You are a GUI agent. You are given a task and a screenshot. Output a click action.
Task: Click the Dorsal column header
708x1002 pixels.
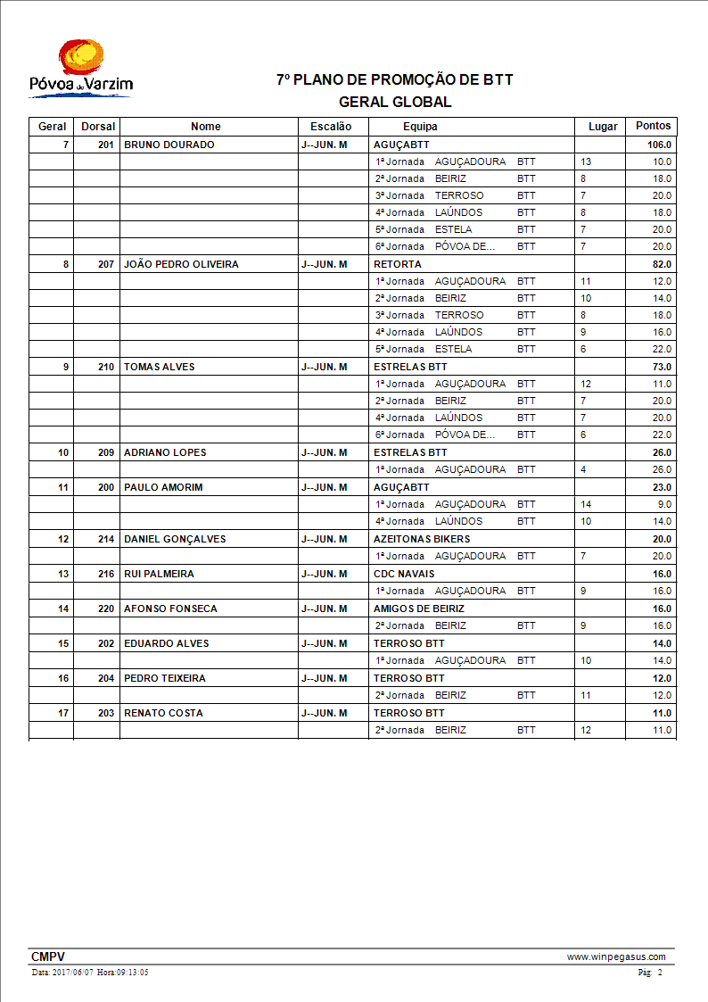98,127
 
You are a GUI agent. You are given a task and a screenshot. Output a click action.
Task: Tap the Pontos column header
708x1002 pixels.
653,126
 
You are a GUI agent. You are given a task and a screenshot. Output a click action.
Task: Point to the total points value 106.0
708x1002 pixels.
659,145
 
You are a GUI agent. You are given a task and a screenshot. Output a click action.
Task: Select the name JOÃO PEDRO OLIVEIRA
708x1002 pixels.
181,264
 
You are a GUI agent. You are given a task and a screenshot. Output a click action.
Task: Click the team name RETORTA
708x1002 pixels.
398,264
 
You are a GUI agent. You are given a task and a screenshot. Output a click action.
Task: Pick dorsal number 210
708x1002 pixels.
106,367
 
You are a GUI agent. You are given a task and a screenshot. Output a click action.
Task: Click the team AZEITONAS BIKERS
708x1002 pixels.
422,539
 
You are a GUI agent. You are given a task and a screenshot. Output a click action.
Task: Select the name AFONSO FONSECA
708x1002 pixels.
169,609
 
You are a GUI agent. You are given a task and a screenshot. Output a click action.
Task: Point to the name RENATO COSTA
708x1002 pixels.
163,713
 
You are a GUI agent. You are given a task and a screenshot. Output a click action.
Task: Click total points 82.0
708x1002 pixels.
662,264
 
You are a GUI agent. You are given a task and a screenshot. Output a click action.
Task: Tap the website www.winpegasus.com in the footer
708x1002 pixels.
616,956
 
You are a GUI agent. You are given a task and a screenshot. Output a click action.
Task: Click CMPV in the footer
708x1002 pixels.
48,956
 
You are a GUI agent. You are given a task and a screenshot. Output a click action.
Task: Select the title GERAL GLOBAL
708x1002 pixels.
395,103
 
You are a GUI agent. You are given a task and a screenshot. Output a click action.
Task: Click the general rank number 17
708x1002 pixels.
63,713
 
